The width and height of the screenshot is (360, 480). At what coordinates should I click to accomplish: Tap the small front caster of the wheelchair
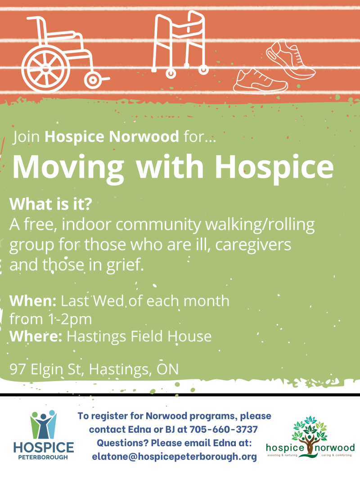(93, 80)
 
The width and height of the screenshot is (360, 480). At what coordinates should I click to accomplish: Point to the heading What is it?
(51, 205)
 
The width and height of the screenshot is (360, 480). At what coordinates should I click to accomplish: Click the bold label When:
(34, 300)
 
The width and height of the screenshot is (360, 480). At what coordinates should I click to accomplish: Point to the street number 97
(18, 369)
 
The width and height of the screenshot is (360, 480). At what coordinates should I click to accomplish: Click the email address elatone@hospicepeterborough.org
(174, 456)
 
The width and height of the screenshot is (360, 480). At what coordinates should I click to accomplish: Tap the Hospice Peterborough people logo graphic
(43, 424)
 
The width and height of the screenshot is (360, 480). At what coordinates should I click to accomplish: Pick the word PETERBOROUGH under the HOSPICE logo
(44, 458)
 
